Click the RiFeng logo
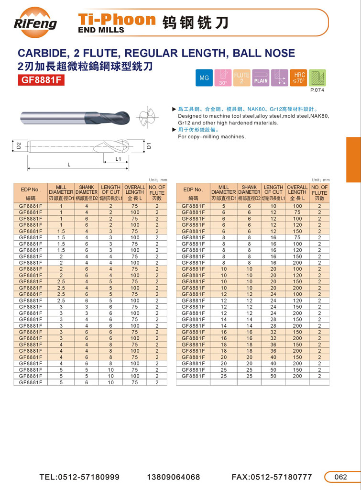35,22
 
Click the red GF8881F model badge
41,80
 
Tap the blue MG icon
204,78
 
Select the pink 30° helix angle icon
223,78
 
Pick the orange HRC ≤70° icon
299,78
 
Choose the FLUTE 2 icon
241,78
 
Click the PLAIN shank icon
261,78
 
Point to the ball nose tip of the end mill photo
126,117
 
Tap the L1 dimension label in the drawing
118,158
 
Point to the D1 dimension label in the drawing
149,145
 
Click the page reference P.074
317,90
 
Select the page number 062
340,477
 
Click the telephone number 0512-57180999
79,477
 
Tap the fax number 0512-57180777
272,477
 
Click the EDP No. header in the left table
31,192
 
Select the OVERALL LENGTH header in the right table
297,192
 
